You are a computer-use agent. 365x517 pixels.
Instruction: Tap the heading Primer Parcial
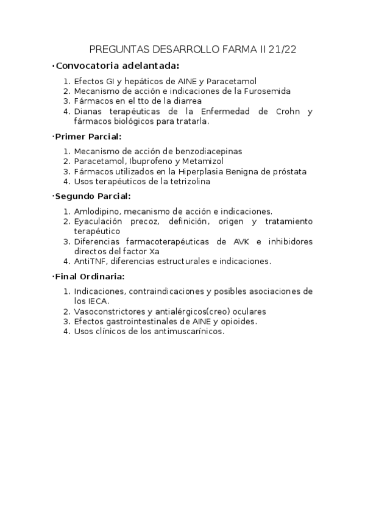88,136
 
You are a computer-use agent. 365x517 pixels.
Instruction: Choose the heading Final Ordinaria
90,276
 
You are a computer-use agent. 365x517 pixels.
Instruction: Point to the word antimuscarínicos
189,332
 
